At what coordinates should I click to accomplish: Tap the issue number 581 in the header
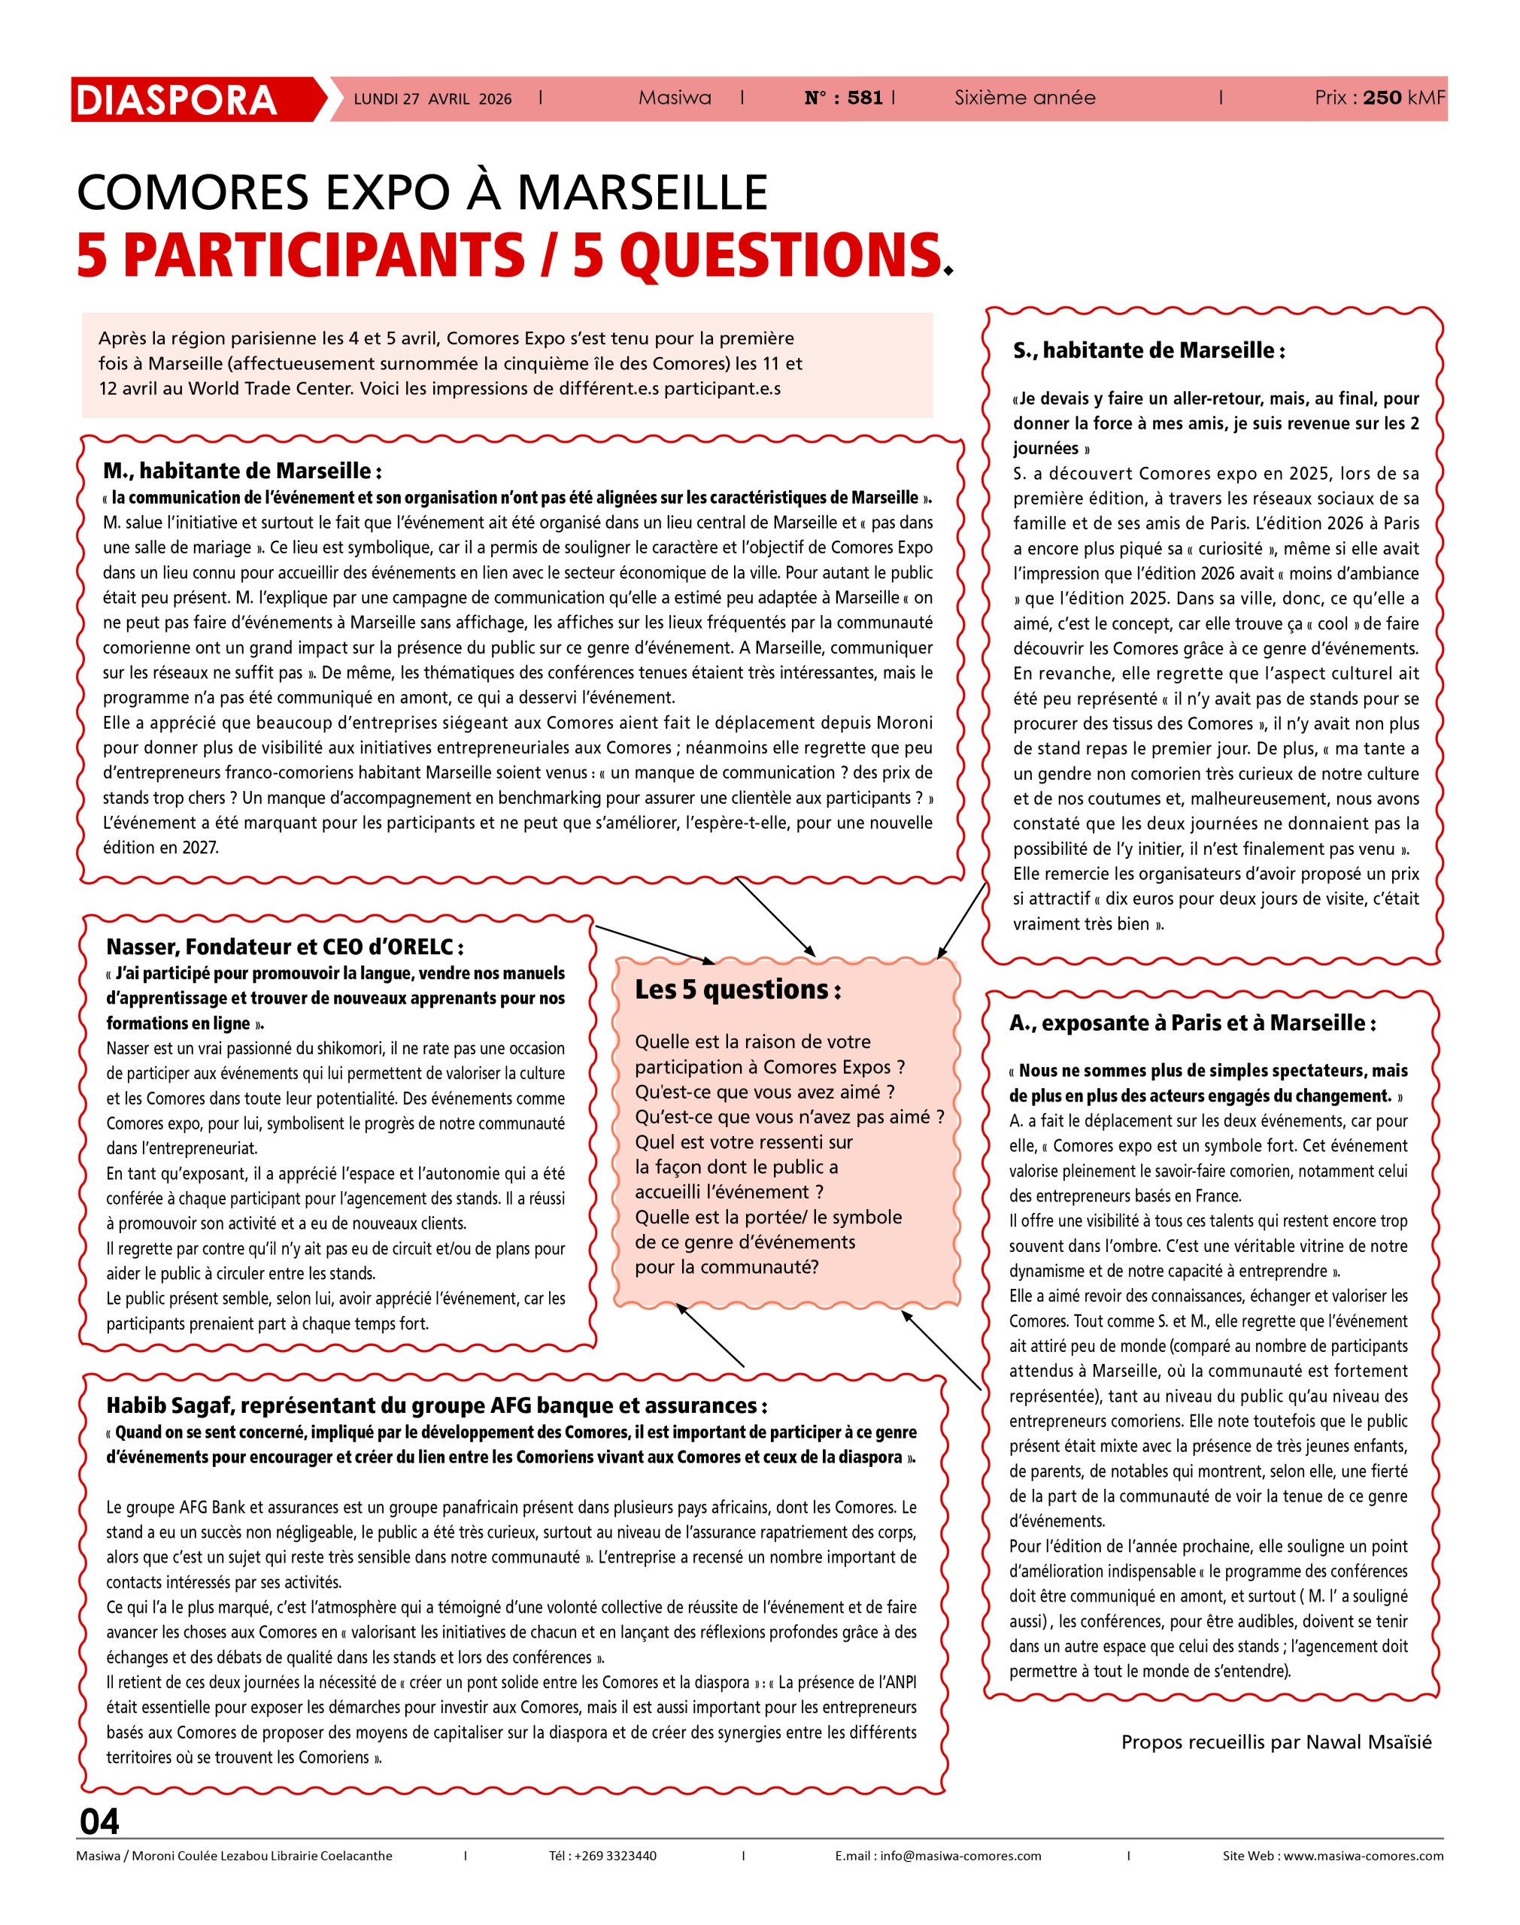pyautogui.click(x=865, y=99)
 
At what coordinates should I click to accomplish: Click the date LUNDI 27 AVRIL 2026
pyautogui.click(x=432, y=99)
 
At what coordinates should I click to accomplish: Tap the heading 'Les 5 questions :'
pyautogui.click(x=737, y=991)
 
